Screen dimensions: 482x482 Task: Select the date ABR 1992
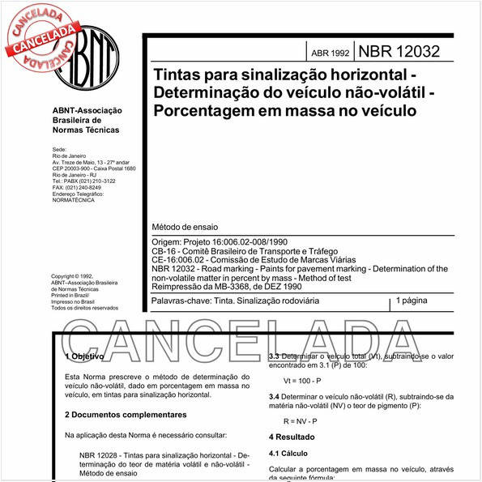click(x=330, y=53)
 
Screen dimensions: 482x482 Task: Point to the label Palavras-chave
click(x=179, y=301)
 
